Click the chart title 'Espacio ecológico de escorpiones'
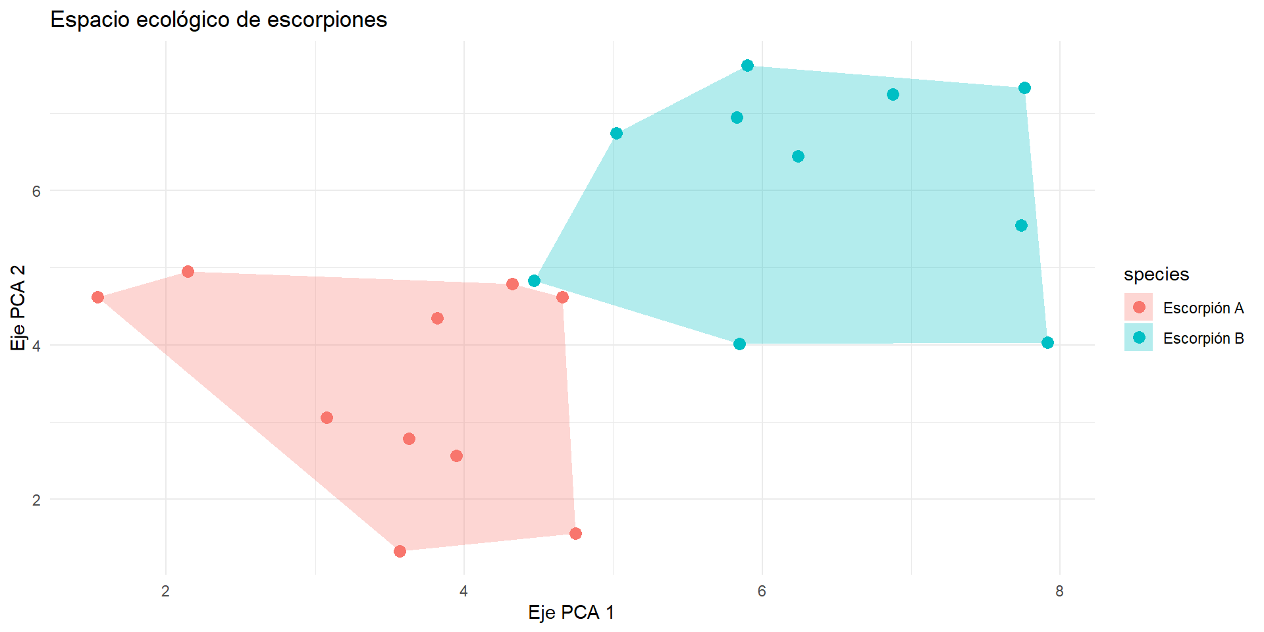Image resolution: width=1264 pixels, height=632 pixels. pos(219,20)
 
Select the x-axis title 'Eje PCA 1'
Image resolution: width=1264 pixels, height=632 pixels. pos(571,612)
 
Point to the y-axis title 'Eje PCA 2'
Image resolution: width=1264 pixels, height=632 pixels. pos(18,307)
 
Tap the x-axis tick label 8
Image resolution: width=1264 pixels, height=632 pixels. pos(1059,591)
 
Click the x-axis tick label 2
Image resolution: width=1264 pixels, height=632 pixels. pos(165,591)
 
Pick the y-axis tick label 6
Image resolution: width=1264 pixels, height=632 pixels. pos(36,191)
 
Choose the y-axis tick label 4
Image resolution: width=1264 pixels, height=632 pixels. pos(36,346)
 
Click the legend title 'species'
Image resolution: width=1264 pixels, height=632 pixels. pos(1156,274)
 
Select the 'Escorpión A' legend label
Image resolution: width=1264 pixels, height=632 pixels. pos(1203,308)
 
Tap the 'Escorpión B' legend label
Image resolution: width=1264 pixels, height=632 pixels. pos(1203,338)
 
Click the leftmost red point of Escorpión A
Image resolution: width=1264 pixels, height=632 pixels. pos(97,298)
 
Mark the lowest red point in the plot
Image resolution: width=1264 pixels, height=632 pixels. pos(400,551)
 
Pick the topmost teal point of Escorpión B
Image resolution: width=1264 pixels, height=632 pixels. pos(747,65)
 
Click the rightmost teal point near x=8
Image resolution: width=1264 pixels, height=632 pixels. pos(1047,342)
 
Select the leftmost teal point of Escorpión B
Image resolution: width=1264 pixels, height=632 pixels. pos(534,281)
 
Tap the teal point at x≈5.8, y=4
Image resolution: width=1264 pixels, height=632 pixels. pos(739,344)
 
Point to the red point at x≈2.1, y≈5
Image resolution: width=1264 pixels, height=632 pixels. pos(188,271)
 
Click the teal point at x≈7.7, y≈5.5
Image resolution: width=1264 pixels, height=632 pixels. pos(1021,225)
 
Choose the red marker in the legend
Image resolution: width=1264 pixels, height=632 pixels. pos(1139,307)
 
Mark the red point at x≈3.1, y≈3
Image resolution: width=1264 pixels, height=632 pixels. pos(327,417)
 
